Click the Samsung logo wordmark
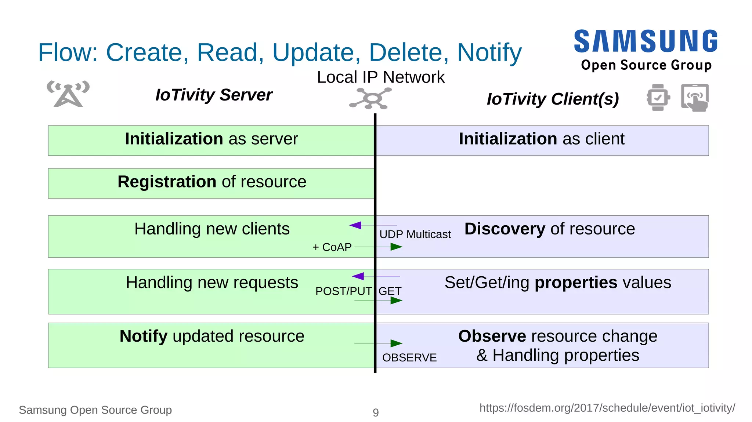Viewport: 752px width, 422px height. (646, 41)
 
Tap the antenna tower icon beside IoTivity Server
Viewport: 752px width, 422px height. (68, 94)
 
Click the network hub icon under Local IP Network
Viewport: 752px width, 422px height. (371, 98)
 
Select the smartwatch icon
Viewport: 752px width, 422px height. (658, 97)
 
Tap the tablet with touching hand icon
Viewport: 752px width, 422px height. (695, 98)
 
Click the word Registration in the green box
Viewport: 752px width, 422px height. (167, 182)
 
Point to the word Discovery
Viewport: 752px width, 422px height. (505, 229)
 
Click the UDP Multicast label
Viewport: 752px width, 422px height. (415, 234)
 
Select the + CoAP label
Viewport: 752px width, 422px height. (332, 247)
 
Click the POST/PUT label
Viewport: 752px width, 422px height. (343, 291)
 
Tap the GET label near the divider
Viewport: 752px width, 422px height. (390, 291)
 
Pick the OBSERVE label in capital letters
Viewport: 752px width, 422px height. (409, 358)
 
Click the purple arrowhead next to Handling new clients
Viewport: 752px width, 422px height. (355, 225)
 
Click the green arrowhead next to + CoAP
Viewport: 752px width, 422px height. (396, 247)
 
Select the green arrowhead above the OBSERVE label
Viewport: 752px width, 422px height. (396, 343)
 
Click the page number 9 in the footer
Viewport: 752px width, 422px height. (376, 412)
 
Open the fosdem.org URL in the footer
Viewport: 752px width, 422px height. (607, 408)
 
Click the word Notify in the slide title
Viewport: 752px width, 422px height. (489, 53)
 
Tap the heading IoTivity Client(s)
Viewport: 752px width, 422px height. (553, 99)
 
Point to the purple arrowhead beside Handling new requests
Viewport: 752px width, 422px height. (358, 276)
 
